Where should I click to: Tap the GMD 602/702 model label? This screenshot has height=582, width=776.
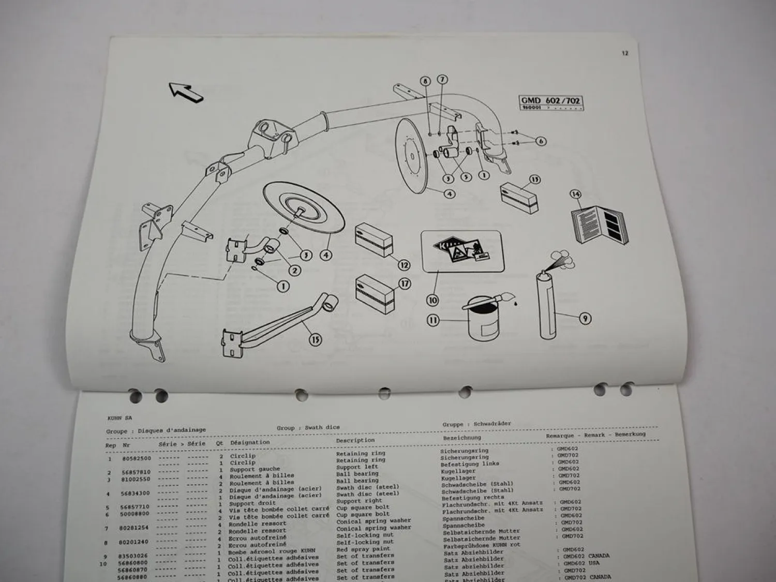coord(550,101)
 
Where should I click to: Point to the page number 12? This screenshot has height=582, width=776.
coord(625,53)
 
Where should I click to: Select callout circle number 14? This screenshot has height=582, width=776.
coord(575,195)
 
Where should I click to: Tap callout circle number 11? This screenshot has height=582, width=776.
coord(433,321)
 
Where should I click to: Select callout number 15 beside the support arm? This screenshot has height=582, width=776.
coord(315,339)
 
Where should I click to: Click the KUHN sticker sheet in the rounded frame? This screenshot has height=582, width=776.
coord(462,251)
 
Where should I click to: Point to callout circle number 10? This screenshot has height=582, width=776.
coord(432,300)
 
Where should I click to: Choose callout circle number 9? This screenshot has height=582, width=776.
coord(585,318)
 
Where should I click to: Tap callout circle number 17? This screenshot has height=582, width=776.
coord(404,283)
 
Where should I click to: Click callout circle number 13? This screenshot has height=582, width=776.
coord(534,180)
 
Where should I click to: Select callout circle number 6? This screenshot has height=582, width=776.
coord(541,141)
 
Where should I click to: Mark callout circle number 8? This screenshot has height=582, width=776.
coord(425,81)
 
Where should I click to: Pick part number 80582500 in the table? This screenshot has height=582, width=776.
coord(137,458)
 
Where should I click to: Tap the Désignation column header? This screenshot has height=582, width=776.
coord(250,443)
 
